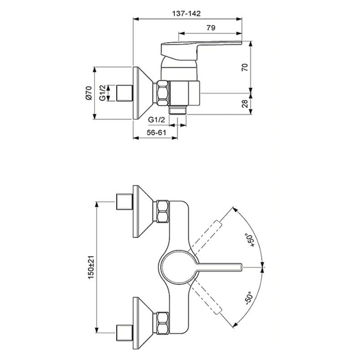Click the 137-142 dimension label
click(x=186, y=13)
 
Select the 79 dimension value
click(x=211, y=28)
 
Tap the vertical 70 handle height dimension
click(x=245, y=67)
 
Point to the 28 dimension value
click(x=245, y=104)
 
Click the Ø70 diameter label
click(x=88, y=93)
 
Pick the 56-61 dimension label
click(x=156, y=133)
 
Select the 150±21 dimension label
click(x=91, y=267)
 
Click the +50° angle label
click(x=250, y=240)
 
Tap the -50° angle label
click(x=249, y=298)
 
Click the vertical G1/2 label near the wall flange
click(x=103, y=93)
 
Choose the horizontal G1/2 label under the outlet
click(x=156, y=120)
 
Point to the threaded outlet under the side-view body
click(x=177, y=110)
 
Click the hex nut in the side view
click(x=163, y=93)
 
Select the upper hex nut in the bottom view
click(x=163, y=211)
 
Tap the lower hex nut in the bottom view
click(x=163, y=323)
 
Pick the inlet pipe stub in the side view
click(x=125, y=93)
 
